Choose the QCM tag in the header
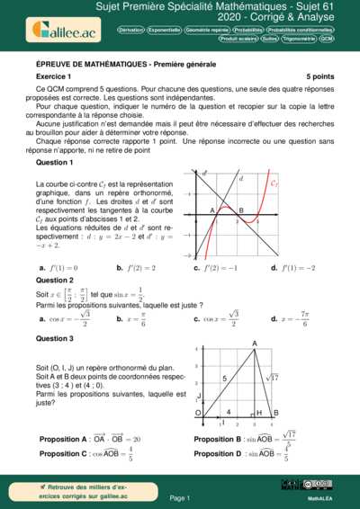click(x=327, y=40)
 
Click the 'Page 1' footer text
click(x=179, y=497)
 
